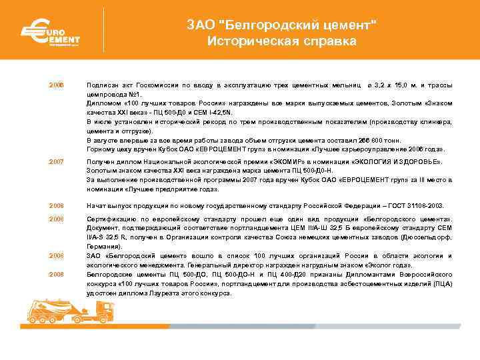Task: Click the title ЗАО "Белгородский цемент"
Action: click(281, 25)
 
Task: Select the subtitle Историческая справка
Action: click(281, 41)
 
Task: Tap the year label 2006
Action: click(55, 86)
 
